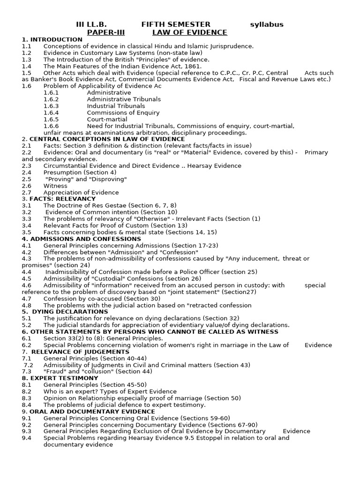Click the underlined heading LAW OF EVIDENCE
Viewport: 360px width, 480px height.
coord(189,32)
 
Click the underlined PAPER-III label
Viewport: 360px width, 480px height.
coord(106,32)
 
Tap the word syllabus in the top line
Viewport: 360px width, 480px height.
coord(267,24)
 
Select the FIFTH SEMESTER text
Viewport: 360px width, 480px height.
coord(176,24)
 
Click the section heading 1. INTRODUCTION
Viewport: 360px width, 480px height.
coord(52,39)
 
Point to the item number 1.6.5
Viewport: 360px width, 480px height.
coord(51,119)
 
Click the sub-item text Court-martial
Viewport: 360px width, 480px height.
coord(107,119)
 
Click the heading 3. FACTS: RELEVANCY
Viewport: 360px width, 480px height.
coord(59,199)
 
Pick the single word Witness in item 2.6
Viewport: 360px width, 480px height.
coord(55,186)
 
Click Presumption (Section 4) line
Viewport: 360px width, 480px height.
coord(76,172)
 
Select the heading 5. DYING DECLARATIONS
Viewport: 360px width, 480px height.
coord(65,311)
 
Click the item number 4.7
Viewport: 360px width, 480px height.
coord(26,298)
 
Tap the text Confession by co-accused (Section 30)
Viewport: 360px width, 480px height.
coord(102,298)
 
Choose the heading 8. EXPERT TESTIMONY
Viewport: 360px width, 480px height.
coord(60,378)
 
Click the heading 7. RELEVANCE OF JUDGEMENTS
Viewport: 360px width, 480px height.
coord(75,352)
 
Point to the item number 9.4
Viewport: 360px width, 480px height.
coord(26,438)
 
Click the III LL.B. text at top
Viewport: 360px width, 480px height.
coord(91,24)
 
